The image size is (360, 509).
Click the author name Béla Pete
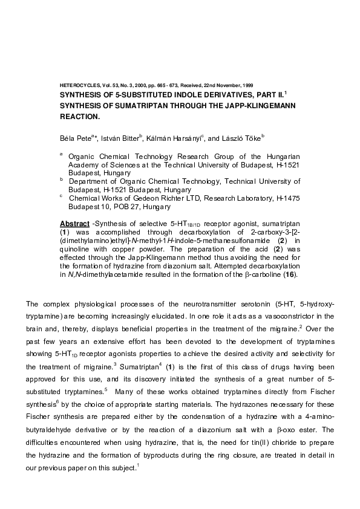pos(74,138)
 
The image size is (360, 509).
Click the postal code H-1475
pos(288,198)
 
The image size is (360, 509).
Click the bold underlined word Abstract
pos(74,224)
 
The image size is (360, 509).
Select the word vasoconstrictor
pos(267,316)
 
